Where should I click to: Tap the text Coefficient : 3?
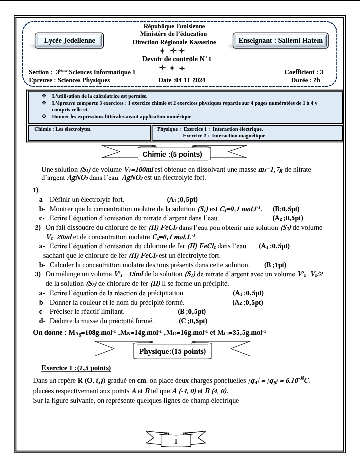[303, 72]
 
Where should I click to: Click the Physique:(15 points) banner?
[173, 352]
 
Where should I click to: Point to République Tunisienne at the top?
[174, 26]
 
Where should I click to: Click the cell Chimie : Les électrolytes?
[63, 129]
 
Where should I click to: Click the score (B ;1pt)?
[275, 265]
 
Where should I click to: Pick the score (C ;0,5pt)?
[193, 321]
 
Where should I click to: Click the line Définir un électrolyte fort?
[87, 199]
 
